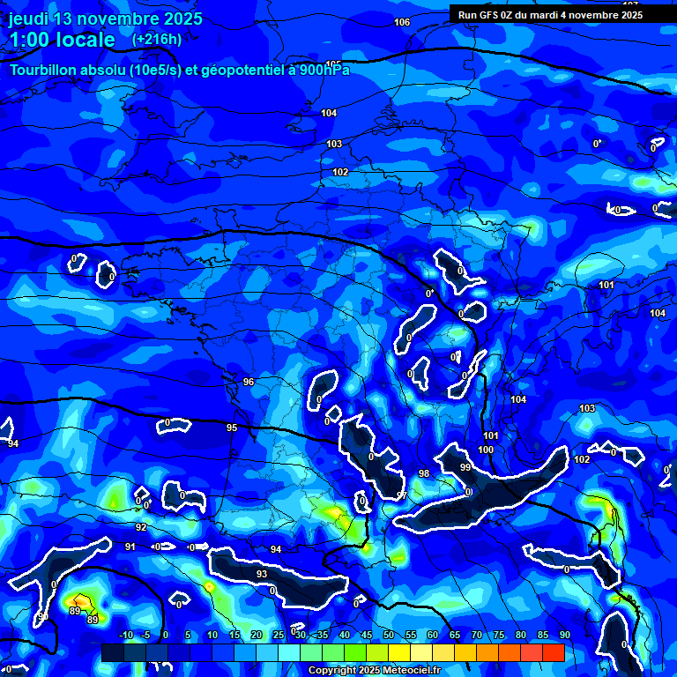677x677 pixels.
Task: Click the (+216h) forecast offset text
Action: [x=157, y=39]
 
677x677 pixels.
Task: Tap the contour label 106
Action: [x=402, y=22]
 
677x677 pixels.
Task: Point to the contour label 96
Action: [x=249, y=382]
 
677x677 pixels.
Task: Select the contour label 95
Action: [x=232, y=428]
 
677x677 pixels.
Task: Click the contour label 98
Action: [x=424, y=473]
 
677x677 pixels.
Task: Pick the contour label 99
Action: [x=465, y=467]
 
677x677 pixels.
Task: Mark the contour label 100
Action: [x=486, y=450]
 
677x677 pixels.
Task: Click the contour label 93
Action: [x=262, y=574]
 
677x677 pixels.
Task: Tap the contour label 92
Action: [x=141, y=527]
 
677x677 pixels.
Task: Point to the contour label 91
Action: [x=130, y=547]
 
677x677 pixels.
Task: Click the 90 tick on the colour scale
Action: [x=564, y=635]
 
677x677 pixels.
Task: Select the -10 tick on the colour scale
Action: [x=125, y=635]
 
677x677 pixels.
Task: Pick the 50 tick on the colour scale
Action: [x=389, y=635]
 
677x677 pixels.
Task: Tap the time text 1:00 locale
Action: [x=62, y=40]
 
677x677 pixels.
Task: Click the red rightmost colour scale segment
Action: [x=553, y=652]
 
